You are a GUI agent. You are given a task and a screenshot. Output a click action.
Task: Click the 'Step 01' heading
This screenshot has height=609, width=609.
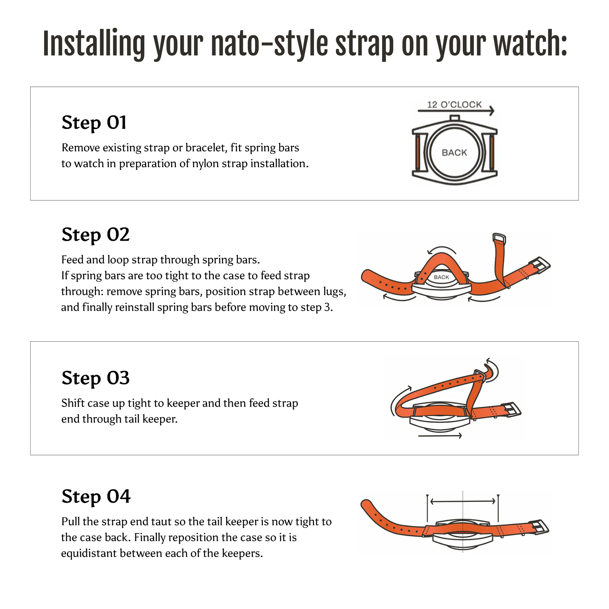pyautogui.click(x=94, y=123)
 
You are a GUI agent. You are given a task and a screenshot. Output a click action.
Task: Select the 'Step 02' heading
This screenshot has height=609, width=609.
pyautogui.click(x=95, y=235)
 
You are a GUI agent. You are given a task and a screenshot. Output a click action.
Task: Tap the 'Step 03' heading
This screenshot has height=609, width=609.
pyautogui.click(x=95, y=378)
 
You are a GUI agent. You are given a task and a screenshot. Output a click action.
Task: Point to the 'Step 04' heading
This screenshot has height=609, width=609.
pyautogui.click(x=96, y=496)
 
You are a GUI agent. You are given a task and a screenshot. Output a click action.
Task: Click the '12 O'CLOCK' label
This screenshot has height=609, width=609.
pyautogui.click(x=454, y=105)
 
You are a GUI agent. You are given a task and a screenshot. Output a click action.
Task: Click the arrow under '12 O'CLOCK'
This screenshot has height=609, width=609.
pyautogui.click(x=456, y=111)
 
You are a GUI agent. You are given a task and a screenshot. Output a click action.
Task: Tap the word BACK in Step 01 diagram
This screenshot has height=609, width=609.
pyautogui.click(x=454, y=153)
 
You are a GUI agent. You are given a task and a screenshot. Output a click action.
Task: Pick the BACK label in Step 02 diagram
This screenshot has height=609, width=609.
pyautogui.click(x=441, y=277)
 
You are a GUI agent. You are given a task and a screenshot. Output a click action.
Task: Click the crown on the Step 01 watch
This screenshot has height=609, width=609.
pyautogui.click(x=455, y=118)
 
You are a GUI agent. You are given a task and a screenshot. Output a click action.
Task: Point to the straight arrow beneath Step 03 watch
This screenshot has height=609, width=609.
pyautogui.click(x=440, y=436)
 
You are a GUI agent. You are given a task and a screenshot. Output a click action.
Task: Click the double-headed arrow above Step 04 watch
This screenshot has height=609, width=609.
pyautogui.click(x=462, y=501)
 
